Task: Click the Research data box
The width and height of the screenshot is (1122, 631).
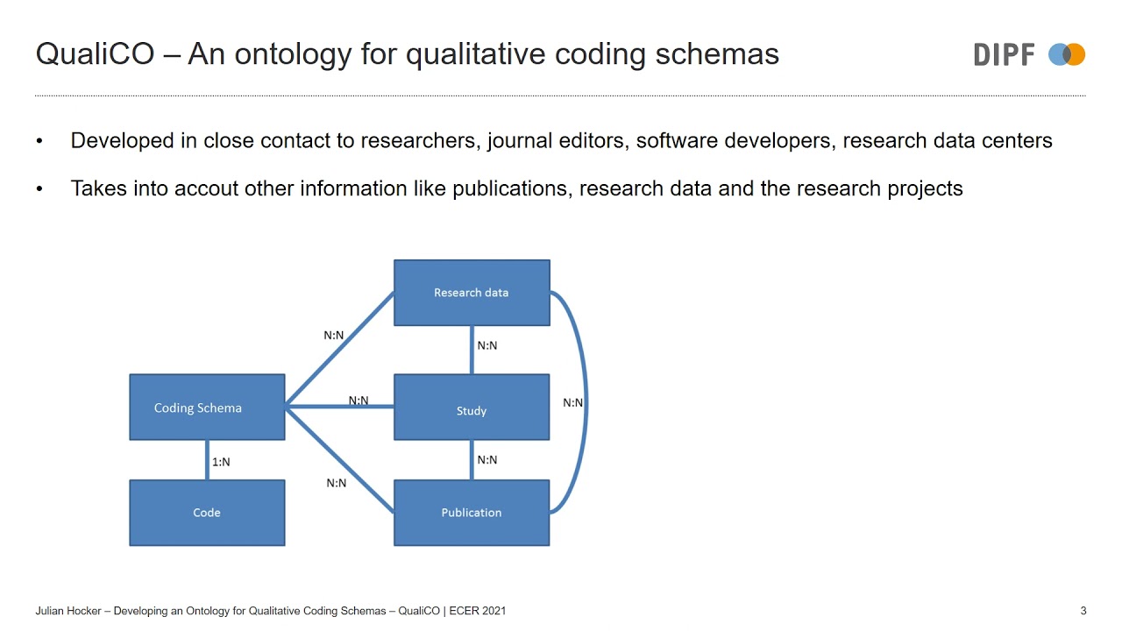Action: pyautogui.click(x=472, y=293)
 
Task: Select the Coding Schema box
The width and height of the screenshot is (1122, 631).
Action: pyautogui.click(x=207, y=408)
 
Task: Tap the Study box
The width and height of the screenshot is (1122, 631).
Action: pyautogui.click(x=472, y=410)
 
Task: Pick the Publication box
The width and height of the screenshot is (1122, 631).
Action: pyautogui.click(x=472, y=513)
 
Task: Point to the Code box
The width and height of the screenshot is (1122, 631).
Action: pyautogui.click(x=207, y=513)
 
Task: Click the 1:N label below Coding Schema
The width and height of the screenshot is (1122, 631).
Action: pyautogui.click(x=221, y=462)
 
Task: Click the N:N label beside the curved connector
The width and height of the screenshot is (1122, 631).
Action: pyautogui.click(x=572, y=403)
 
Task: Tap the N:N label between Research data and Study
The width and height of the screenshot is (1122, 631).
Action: pyautogui.click(x=487, y=345)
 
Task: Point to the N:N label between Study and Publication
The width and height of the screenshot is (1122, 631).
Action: pyautogui.click(x=487, y=459)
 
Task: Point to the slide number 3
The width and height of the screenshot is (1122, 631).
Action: pyautogui.click(x=1083, y=611)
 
